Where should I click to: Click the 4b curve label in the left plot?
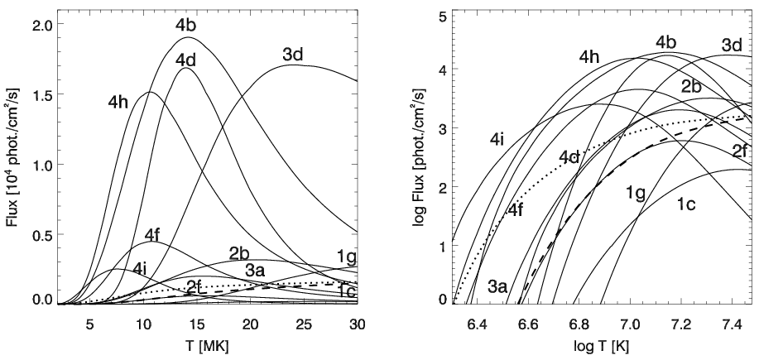click(185, 25)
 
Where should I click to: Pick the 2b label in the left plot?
click(240, 252)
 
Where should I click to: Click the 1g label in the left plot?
click(348, 255)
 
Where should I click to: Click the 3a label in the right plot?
click(498, 286)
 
